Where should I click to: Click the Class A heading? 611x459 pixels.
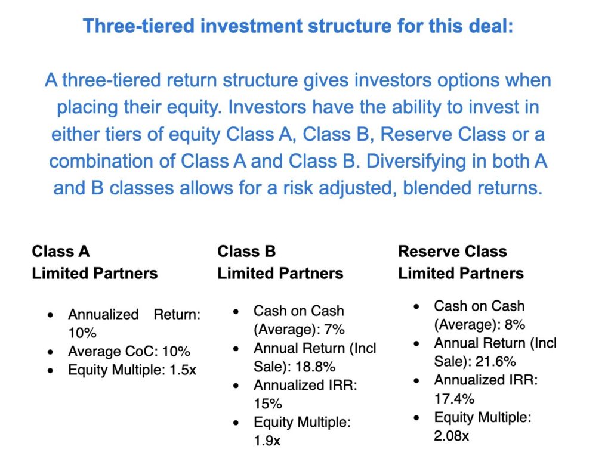[x=61, y=252]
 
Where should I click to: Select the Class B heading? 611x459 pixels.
[x=246, y=252]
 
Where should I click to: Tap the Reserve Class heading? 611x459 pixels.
[x=452, y=252]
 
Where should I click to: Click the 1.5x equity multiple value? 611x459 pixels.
[x=183, y=370]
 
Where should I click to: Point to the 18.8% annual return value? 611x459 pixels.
[x=315, y=367]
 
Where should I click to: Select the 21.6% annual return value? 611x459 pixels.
[x=496, y=362]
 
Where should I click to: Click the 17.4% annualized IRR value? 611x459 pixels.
[x=454, y=399]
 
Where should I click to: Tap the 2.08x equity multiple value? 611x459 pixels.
[x=451, y=436]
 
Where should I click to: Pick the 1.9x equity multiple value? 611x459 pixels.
[x=267, y=441]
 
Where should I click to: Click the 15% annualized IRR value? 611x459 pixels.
[x=268, y=404]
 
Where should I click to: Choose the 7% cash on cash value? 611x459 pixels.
[x=334, y=330]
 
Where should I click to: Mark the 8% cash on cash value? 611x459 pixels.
[x=515, y=325]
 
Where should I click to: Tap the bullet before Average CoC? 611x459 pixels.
[x=50, y=352]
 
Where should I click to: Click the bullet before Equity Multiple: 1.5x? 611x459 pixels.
[x=50, y=370]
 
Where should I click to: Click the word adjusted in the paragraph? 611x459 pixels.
[x=357, y=188]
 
